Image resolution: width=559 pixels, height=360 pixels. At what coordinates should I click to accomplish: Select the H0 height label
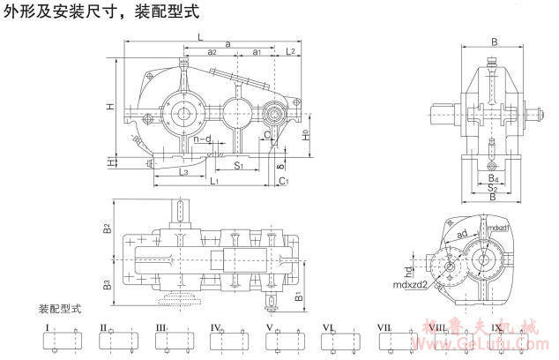coord(306,137)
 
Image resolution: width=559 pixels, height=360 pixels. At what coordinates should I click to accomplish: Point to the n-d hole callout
coord(202,139)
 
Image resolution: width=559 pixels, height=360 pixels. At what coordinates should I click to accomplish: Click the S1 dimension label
coord(239,165)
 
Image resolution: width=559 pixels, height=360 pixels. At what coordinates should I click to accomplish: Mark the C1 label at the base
coord(283,181)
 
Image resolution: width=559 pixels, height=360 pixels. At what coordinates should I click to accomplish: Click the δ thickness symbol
coord(279,164)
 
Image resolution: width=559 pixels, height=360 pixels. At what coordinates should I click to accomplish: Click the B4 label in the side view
coord(494,179)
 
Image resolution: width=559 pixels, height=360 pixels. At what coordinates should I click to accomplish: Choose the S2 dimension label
coord(494,189)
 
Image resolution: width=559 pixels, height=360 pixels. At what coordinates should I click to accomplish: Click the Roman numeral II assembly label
coord(103,327)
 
